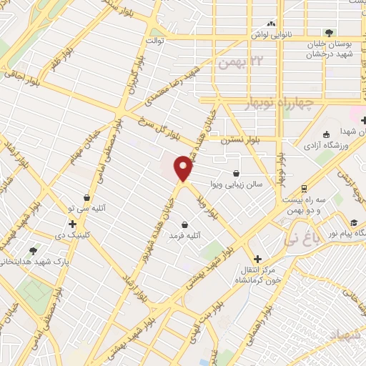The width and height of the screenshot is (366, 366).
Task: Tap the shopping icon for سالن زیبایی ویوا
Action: coord(237,172)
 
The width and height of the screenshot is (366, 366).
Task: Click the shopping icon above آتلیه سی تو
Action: coord(86,197)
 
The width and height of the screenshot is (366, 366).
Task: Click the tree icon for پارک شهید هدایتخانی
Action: coord(33,251)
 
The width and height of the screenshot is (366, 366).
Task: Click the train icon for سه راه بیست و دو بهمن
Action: coord(305,189)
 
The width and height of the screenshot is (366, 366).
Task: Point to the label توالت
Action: coord(155,41)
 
